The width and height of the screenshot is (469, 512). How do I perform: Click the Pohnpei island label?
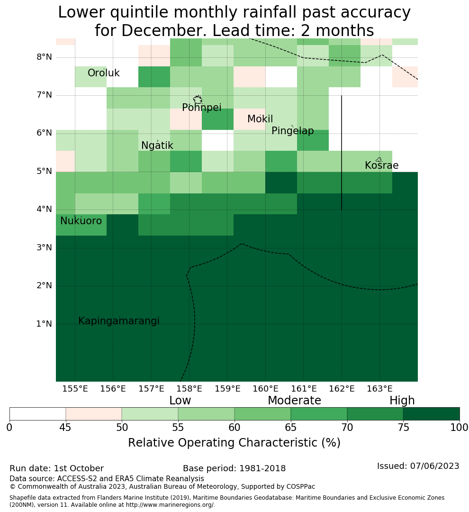(x=201, y=108)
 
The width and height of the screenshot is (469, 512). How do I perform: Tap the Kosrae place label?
(x=381, y=165)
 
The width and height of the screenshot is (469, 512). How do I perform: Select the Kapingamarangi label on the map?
(x=119, y=321)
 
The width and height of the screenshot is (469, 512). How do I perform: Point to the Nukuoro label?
(x=81, y=221)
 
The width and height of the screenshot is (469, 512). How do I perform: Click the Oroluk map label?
(x=103, y=73)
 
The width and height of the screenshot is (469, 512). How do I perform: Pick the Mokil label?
(x=260, y=119)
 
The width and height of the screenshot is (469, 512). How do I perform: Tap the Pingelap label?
(x=292, y=131)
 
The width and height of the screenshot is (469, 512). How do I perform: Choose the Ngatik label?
(x=157, y=146)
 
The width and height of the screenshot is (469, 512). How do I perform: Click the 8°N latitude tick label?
(x=44, y=57)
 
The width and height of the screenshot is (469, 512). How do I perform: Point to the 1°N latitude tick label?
(x=44, y=324)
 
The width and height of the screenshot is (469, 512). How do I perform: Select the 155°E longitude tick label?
(x=75, y=389)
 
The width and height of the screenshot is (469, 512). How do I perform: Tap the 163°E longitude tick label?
(x=379, y=389)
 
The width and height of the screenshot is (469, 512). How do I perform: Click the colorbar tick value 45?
(x=65, y=428)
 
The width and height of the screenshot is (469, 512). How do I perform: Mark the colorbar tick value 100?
(x=460, y=428)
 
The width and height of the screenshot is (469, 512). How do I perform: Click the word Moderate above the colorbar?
(x=294, y=400)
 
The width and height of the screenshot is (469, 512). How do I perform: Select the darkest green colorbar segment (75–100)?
(x=431, y=414)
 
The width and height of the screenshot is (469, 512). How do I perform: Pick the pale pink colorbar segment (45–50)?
(x=94, y=414)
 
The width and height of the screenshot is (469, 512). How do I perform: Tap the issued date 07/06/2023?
(x=434, y=466)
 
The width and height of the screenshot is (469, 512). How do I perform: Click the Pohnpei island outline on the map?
(x=198, y=99)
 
